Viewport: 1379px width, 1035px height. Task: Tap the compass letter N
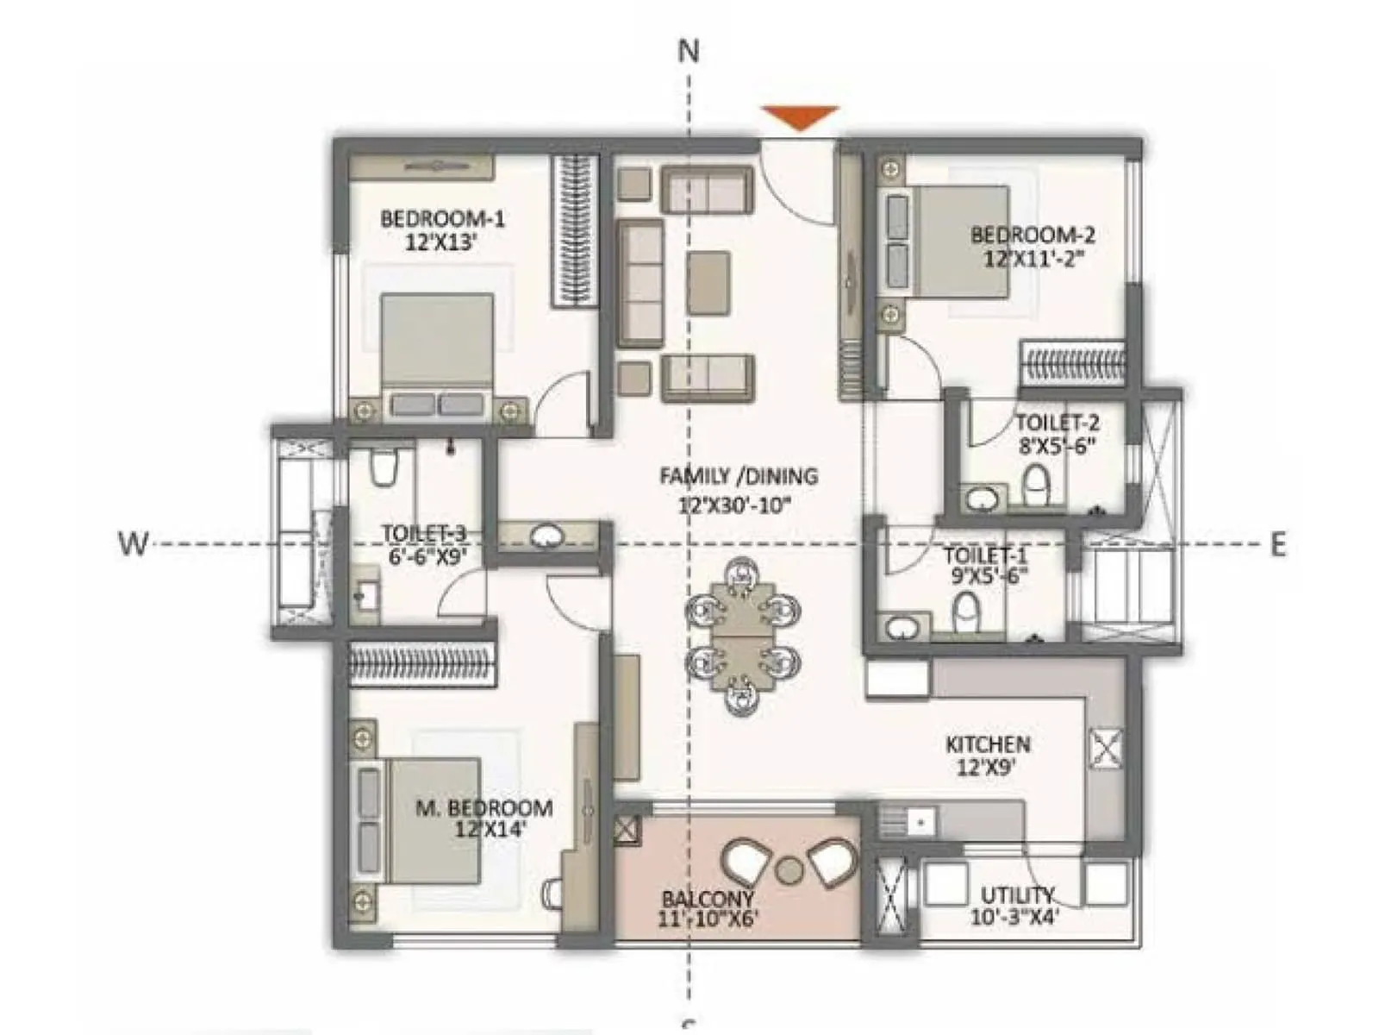688,52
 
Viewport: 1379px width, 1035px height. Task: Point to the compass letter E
1277,545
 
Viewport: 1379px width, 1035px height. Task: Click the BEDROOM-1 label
442,218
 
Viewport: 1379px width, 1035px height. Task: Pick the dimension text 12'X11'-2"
1033,258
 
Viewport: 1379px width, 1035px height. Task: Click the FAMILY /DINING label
738,476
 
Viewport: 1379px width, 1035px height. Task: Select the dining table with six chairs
743,635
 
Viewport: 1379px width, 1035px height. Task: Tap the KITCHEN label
987,744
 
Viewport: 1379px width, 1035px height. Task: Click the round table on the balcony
788,869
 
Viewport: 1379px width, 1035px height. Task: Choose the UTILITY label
1017,894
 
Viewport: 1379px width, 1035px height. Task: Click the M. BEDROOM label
484,808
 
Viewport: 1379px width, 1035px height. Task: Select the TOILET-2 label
1057,423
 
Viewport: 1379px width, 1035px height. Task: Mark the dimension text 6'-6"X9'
427,556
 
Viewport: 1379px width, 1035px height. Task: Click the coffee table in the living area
708,283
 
